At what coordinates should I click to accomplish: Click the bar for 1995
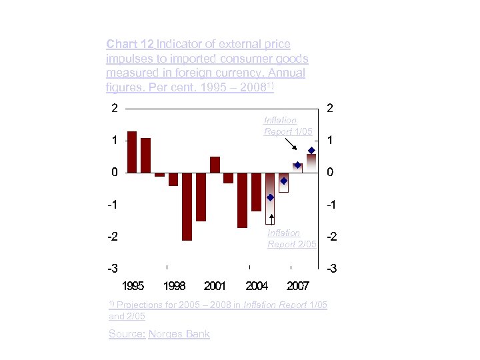point(132,152)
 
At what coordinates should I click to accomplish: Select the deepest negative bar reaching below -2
point(187,206)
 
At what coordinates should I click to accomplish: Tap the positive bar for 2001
point(215,165)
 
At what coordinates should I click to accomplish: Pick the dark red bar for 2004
point(256,192)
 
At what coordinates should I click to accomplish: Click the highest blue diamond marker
point(311,151)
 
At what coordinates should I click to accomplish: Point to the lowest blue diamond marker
point(270,197)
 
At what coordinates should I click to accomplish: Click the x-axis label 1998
point(174,286)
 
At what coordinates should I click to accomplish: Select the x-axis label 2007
point(297,286)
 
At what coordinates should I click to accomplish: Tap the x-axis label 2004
point(257,286)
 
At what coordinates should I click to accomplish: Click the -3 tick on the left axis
point(114,269)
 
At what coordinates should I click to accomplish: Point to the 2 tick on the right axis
point(329,108)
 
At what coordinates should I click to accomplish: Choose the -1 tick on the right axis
point(329,205)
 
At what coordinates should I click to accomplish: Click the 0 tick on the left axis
point(114,172)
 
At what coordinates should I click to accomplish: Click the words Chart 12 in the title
point(130,45)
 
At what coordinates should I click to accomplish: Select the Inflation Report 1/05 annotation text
point(288,126)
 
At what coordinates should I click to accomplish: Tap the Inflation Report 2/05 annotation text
point(291,239)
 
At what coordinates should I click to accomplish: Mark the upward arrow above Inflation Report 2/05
point(272,220)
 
